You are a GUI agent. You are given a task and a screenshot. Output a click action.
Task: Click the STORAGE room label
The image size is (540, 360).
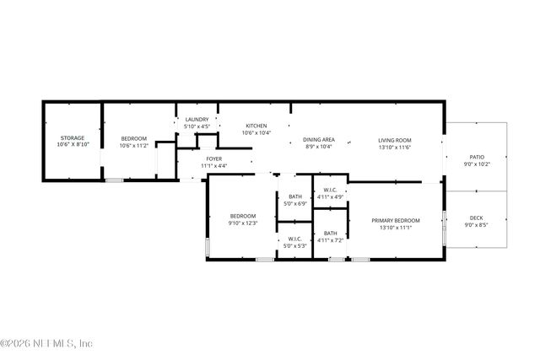pyautogui.click(x=72, y=137)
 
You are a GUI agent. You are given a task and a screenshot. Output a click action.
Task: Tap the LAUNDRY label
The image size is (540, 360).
pyautogui.click(x=197, y=120)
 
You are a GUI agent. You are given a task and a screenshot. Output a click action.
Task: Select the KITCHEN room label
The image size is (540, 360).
pyautogui.click(x=256, y=126)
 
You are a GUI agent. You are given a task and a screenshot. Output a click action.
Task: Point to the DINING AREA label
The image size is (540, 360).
pyautogui.click(x=319, y=139)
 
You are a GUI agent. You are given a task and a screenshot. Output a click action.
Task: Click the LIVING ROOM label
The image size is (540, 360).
pyautogui.click(x=394, y=139)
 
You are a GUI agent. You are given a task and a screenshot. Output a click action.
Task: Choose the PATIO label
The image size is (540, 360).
pyautogui.click(x=477, y=157)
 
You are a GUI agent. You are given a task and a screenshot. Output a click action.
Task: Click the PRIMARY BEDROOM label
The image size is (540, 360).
pyautogui.click(x=395, y=220)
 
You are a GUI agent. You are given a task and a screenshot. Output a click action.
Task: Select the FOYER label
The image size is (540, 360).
pyautogui.click(x=213, y=159)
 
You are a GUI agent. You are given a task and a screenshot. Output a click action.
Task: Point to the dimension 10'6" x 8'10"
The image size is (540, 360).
pyautogui.click(x=72, y=145)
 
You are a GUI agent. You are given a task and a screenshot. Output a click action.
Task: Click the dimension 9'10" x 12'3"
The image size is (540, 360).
pyautogui.click(x=243, y=223)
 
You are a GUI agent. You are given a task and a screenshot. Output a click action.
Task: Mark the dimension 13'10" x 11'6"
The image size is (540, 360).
pyautogui.click(x=394, y=147)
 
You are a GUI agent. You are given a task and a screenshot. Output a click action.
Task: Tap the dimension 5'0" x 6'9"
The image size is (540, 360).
pyautogui.click(x=295, y=203)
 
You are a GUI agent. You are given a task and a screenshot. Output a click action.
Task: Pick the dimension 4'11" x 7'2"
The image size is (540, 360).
pyautogui.click(x=330, y=240)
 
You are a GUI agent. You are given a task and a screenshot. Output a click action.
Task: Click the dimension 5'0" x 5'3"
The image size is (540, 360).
pyautogui.click(x=295, y=246)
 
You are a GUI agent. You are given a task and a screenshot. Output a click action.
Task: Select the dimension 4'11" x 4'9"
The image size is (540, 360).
pyautogui.click(x=330, y=197)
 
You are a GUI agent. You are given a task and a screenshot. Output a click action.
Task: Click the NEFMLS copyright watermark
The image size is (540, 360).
pyautogui.click(x=47, y=343)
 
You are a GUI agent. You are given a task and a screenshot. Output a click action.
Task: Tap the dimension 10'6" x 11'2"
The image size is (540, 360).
pyautogui.click(x=133, y=146)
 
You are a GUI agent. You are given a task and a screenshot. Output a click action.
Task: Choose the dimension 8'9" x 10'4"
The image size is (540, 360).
pyautogui.click(x=319, y=147)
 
